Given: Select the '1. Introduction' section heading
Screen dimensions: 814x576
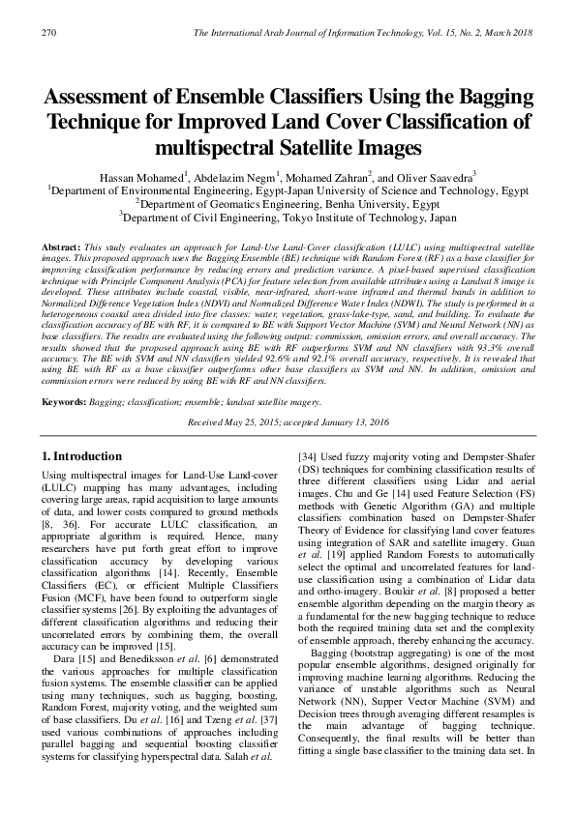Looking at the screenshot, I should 81,455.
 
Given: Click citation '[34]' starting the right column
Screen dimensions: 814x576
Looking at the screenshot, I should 308,455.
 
